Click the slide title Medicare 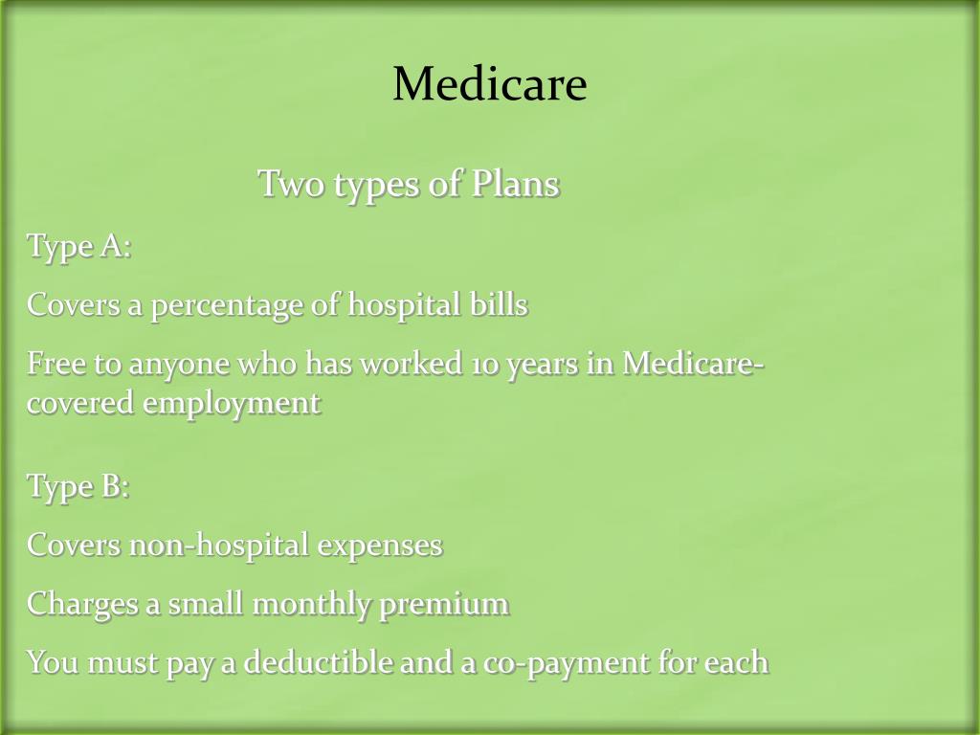pyautogui.click(x=489, y=84)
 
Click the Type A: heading pyautogui.click(x=78, y=246)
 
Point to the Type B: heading pyautogui.click(x=78, y=486)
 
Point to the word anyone pyautogui.click(x=169, y=366)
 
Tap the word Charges pyautogui.click(x=81, y=605)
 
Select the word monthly pyautogui.click(x=310, y=605)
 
